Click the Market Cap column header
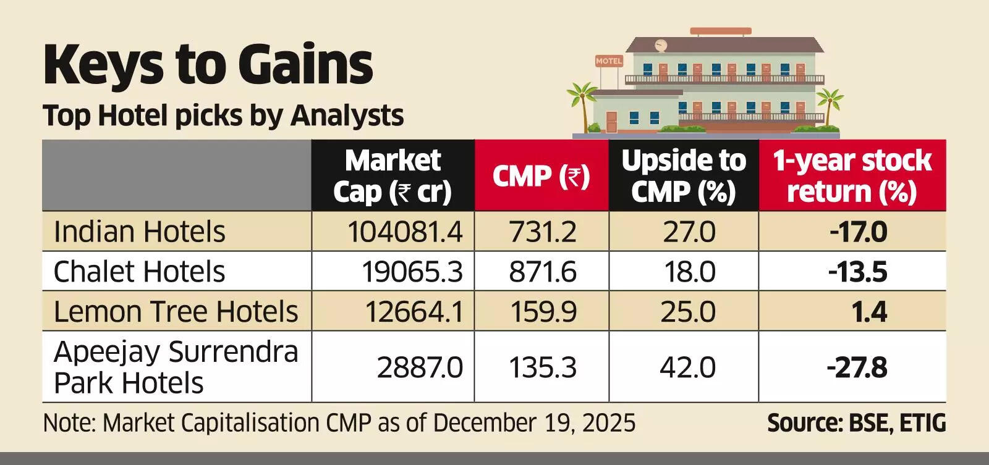coord(393,176)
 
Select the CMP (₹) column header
coord(541,177)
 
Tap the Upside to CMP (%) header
coord(684,176)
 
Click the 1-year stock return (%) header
coord(852,176)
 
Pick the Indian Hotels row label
coord(140,232)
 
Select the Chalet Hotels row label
coord(139,272)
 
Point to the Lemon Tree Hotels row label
coord(176,311)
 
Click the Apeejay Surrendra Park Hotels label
coord(176,367)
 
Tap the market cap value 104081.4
coord(405,232)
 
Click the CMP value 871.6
coord(542,272)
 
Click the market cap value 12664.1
coord(414,311)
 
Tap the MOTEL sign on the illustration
coord(609,61)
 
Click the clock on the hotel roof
coord(661,44)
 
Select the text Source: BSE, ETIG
coord(856,424)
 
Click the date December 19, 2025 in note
coord(533,424)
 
